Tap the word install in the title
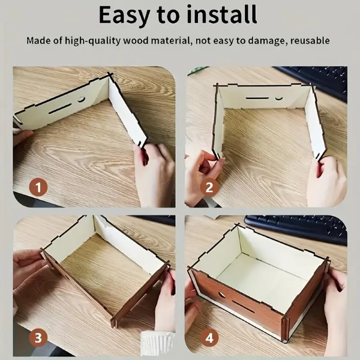[x=222, y=14]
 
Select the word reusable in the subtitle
[x=310, y=41]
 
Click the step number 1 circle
[x=38, y=187]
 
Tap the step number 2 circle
[x=209, y=187]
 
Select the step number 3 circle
[x=38, y=338]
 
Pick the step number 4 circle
[x=209, y=338]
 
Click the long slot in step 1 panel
[x=60, y=109]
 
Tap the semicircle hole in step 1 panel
[x=81, y=100]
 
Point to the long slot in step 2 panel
[x=257, y=98]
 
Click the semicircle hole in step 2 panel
[x=279, y=98]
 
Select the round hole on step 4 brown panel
[x=222, y=295]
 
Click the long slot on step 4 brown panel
[x=243, y=306]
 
